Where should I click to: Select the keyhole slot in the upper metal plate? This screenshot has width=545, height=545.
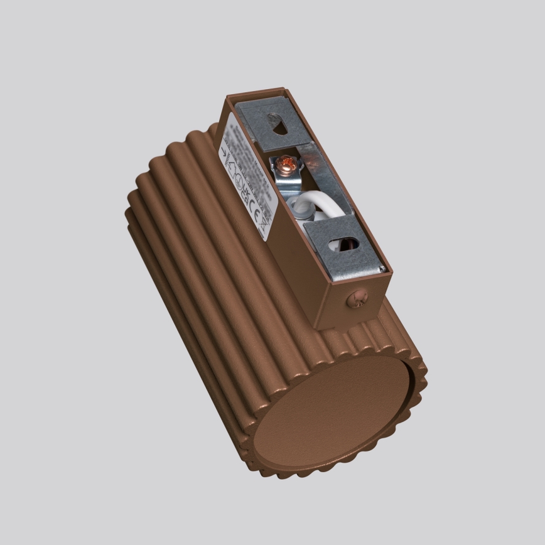coord(277,126)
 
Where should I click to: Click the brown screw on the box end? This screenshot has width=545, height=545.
coord(357,299)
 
